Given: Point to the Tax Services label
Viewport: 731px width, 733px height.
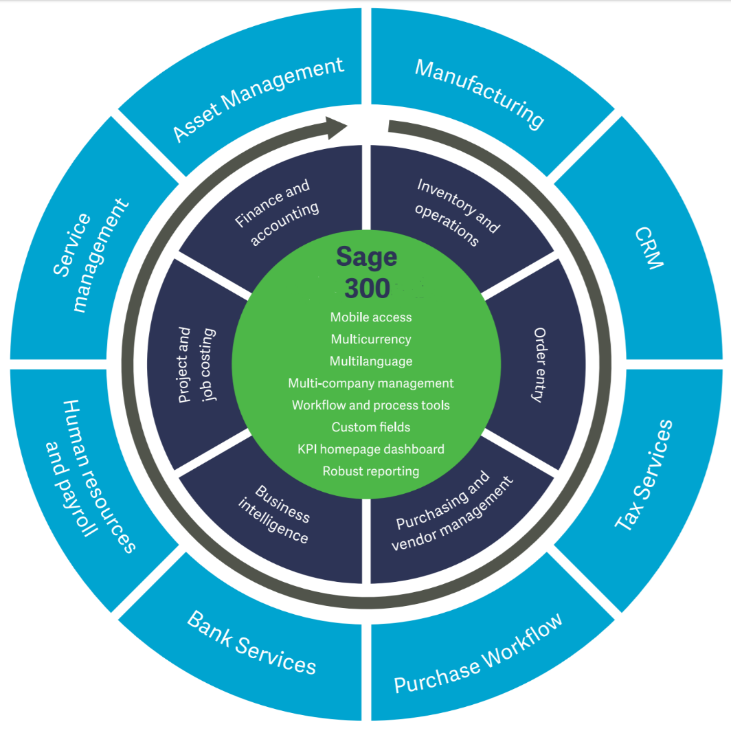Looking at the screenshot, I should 644,474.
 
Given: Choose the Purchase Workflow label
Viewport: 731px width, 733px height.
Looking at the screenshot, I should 478,653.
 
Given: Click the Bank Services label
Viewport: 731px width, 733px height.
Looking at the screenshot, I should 251,642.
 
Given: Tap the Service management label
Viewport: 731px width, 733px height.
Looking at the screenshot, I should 90,253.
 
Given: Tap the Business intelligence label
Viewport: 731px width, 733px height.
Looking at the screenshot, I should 273,514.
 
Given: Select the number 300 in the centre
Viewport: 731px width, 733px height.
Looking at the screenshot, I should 367,289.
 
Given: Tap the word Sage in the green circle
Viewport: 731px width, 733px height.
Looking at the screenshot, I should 366,256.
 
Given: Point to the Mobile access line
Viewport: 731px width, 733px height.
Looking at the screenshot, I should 371,317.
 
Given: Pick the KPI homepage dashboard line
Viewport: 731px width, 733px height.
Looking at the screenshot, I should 371,449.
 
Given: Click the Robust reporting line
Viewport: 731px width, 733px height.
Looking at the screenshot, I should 371,471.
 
